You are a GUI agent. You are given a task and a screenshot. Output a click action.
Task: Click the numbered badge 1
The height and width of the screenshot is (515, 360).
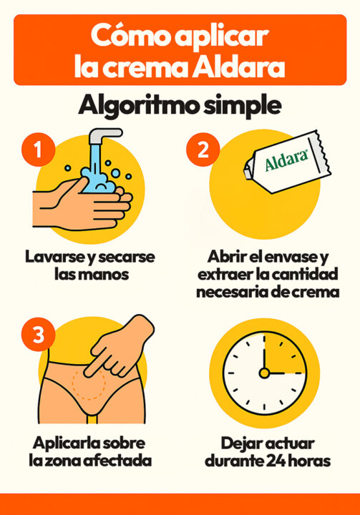[38, 149]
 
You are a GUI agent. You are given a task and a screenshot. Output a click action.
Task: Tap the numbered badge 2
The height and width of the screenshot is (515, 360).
[203, 149]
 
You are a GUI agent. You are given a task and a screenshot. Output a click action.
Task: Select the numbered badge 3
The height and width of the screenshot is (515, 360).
[38, 335]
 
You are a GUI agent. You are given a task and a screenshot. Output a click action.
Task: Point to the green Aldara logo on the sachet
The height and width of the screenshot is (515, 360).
[286, 160]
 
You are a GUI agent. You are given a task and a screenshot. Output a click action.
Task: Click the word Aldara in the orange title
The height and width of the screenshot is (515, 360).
[238, 67]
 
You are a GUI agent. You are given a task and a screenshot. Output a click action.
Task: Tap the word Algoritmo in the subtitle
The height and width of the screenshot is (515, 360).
[138, 106]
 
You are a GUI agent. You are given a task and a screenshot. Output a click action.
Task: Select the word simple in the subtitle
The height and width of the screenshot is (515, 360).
[243, 106]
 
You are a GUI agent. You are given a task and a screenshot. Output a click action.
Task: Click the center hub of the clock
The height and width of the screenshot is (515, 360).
[264, 373]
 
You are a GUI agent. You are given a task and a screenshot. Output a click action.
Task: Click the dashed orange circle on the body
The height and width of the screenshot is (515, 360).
[89, 384]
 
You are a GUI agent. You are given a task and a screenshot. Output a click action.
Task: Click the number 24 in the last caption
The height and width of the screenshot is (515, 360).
[276, 461]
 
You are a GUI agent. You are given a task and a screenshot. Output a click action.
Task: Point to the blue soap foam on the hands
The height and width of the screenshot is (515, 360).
[98, 182]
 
